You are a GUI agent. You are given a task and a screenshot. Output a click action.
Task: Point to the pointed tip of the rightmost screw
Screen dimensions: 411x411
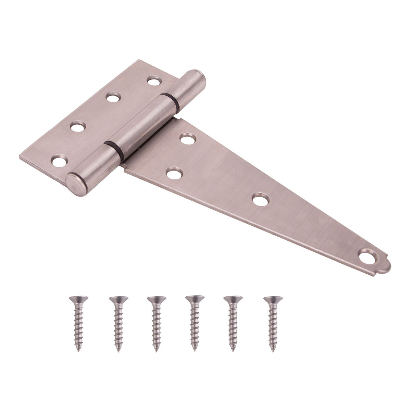click(273, 350)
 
